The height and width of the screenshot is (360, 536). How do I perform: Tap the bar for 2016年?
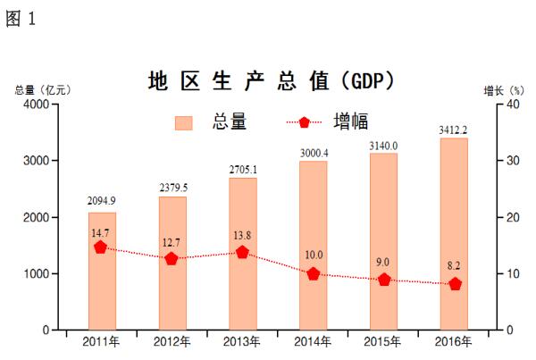454,234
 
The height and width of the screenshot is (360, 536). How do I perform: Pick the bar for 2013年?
243,254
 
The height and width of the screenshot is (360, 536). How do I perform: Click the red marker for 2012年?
172,259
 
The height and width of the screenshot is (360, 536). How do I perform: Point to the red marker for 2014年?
313,274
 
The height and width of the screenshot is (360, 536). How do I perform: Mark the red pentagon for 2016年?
455,284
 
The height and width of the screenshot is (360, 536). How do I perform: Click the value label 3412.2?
454,130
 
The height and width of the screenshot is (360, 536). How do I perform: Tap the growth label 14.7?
100,232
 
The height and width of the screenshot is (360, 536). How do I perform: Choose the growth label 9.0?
383,263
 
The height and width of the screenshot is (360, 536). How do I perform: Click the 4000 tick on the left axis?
36,105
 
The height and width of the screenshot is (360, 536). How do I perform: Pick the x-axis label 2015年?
383,342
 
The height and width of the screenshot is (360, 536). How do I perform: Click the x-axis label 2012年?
172,342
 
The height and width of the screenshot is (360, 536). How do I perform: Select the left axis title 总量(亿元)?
42,89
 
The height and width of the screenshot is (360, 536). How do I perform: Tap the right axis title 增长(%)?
503,89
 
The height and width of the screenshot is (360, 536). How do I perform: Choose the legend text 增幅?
350,122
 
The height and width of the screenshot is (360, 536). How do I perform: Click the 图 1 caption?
21,19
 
